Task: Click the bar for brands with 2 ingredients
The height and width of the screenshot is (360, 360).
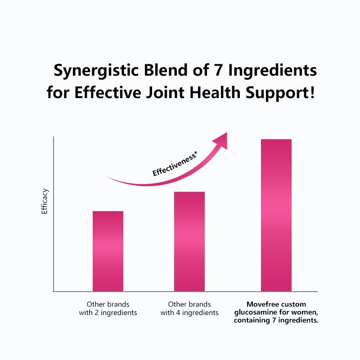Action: (x=108, y=251)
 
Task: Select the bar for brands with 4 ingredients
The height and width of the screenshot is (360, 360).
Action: (x=189, y=241)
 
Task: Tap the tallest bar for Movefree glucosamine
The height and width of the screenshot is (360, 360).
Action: (x=276, y=215)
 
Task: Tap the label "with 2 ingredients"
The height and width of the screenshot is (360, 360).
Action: (x=108, y=312)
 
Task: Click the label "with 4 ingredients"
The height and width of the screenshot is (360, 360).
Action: (x=189, y=312)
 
